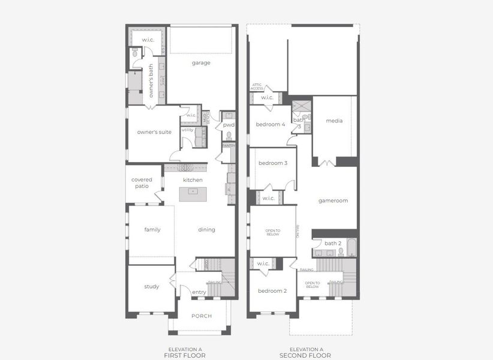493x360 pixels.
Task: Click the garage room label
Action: pyautogui.click(x=201, y=62)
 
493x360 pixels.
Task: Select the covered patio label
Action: pyautogui.click(x=142, y=183)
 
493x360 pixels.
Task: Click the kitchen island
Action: pyautogui.click(x=193, y=191)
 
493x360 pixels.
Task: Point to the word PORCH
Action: pyautogui.click(x=202, y=316)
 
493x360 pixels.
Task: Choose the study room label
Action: pyautogui.click(x=152, y=287)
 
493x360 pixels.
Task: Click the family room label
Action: pyautogui.click(x=152, y=230)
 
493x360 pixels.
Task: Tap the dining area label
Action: pyautogui.click(x=206, y=230)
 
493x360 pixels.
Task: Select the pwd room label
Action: pyautogui.click(x=229, y=125)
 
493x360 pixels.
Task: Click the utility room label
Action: pyautogui.click(x=187, y=130)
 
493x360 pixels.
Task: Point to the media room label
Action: pyautogui.click(x=334, y=121)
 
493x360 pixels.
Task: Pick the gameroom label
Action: pyautogui.click(x=333, y=201)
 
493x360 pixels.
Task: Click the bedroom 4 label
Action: pyautogui.click(x=270, y=125)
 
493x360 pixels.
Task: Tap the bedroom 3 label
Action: pyautogui.click(x=273, y=163)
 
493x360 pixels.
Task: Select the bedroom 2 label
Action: pyautogui.click(x=272, y=291)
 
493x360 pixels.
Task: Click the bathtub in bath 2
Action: pyautogui.click(x=351, y=247)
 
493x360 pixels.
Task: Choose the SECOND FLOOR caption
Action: pyautogui.click(x=306, y=356)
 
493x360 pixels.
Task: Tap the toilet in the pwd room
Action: pyautogui.click(x=229, y=136)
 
